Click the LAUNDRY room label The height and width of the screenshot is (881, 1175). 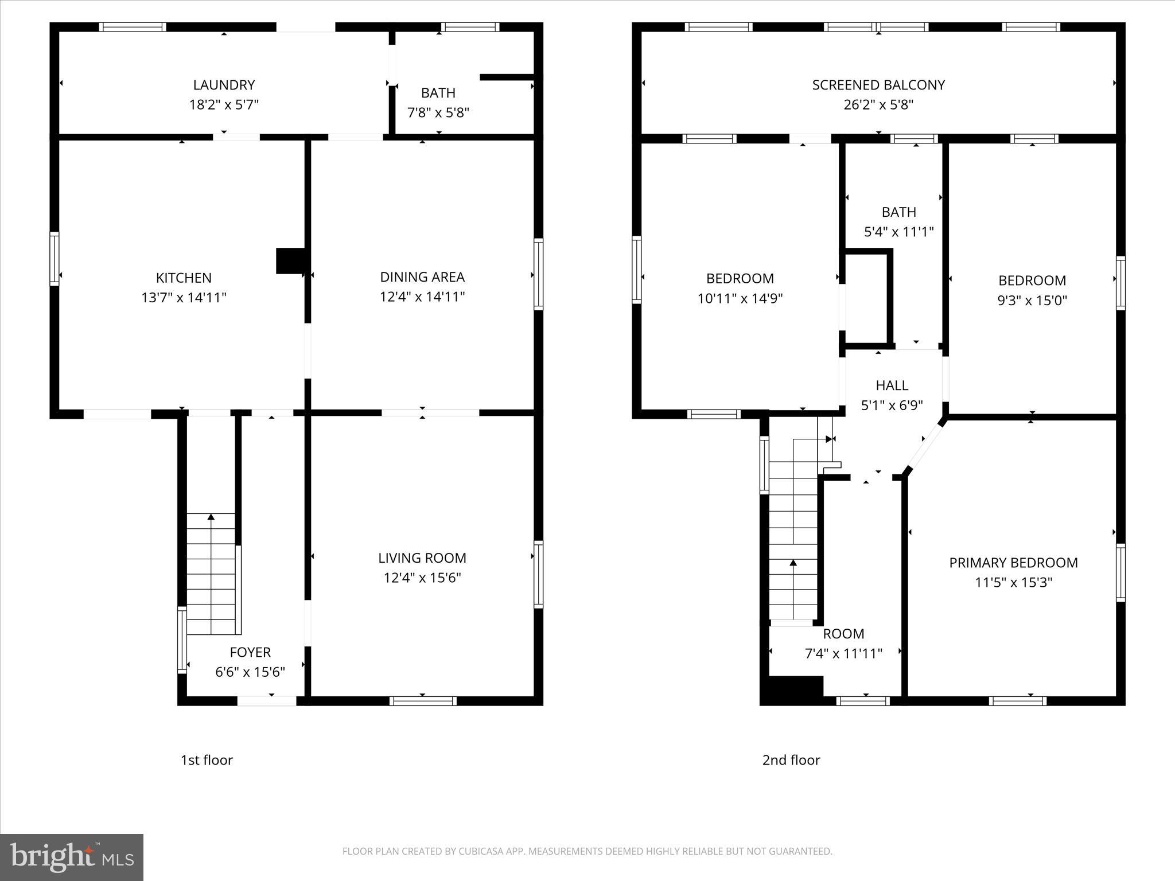224,85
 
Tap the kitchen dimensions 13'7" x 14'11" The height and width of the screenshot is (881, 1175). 184,298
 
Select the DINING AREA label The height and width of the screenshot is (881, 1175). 422,277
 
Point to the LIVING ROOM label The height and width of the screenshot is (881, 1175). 422,558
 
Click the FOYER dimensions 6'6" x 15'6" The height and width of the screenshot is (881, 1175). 250,672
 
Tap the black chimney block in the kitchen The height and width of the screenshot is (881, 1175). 290,260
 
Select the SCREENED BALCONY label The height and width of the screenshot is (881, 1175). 878,85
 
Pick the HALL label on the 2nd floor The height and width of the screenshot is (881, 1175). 892,385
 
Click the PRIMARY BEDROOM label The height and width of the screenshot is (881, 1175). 1013,563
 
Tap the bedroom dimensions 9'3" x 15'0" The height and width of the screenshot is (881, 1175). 1032,301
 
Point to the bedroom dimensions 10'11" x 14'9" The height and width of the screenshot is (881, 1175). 740,298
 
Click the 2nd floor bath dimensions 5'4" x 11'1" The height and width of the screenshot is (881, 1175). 899,232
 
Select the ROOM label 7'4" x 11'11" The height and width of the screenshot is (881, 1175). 843,634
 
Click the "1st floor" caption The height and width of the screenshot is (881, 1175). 207,760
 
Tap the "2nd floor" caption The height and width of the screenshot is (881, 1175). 791,760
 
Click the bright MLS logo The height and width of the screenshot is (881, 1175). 72,857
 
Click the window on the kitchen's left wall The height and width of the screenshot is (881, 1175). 55,258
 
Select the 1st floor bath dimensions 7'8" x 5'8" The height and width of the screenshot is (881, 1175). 438,112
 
